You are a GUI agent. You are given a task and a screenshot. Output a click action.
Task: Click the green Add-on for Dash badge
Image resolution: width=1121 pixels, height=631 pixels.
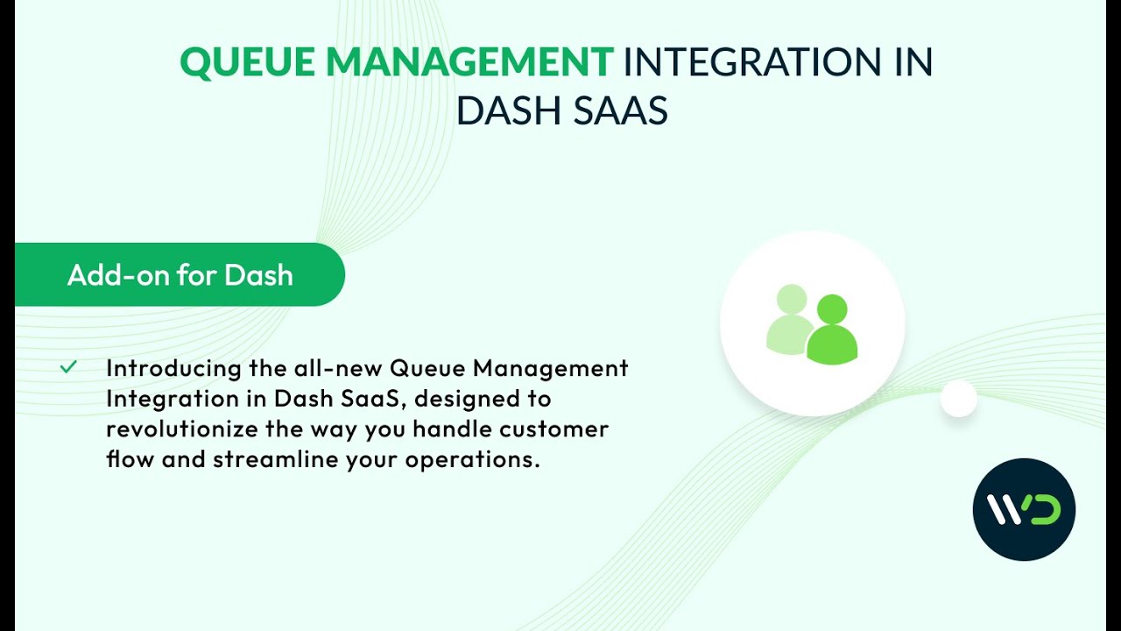coord(180,275)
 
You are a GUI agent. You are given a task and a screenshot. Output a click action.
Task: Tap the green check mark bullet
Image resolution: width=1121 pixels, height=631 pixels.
coord(68,367)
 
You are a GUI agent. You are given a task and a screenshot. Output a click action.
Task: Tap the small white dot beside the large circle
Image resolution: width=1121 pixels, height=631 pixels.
coord(958,399)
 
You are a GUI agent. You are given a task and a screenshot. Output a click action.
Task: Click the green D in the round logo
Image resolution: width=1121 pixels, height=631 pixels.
coord(1045,510)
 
